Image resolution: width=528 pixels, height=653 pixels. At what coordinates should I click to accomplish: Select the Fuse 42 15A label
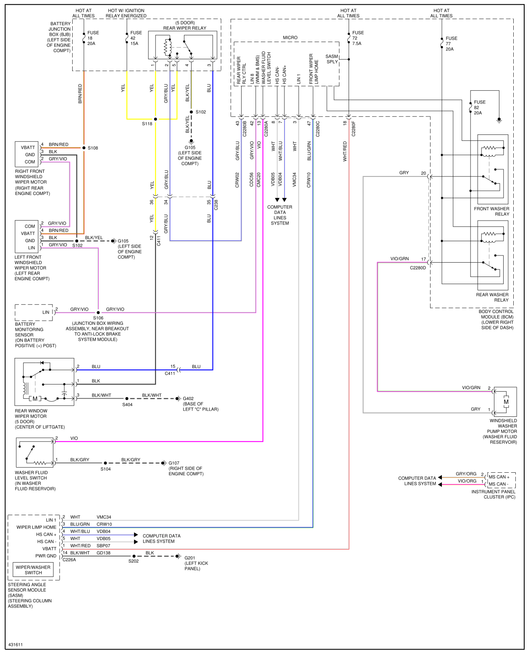(x=136, y=38)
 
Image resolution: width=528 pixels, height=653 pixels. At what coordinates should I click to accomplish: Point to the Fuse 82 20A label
(x=479, y=108)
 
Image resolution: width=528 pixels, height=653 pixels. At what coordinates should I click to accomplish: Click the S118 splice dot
(x=155, y=119)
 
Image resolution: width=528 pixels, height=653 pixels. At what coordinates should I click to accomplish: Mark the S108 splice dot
(x=84, y=148)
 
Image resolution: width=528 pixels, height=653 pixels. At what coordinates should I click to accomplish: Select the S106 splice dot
(x=98, y=313)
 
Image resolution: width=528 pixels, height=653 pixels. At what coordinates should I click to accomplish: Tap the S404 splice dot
(x=127, y=398)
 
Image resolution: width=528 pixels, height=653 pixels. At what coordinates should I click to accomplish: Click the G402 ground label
(x=188, y=398)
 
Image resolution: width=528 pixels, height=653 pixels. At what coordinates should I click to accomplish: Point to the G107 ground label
(x=174, y=463)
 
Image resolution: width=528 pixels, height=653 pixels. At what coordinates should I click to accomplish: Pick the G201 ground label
(x=190, y=558)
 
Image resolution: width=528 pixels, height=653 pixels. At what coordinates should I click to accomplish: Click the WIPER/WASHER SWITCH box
(x=33, y=570)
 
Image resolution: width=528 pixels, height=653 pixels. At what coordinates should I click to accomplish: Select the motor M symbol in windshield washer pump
(x=506, y=402)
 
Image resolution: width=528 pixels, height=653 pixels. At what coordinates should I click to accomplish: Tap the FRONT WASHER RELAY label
(x=491, y=211)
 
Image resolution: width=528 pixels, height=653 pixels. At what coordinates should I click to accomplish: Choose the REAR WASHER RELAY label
(x=492, y=298)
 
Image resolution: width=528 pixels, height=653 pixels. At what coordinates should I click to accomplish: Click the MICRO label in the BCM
(x=290, y=38)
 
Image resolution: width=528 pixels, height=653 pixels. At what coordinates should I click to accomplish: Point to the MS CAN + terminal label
(x=499, y=477)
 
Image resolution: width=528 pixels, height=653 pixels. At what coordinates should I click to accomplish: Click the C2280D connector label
(x=418, y=268)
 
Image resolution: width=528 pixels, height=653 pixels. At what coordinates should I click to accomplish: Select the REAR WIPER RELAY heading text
(x=185, y=28)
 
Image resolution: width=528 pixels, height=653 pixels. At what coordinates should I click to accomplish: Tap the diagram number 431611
(x=16, y=645)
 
